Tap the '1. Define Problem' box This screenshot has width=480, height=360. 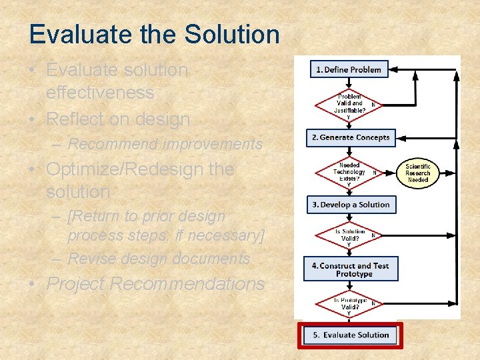click(349, 69)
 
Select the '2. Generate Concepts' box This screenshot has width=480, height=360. click(350, 137)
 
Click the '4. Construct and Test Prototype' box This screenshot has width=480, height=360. click(350, 269)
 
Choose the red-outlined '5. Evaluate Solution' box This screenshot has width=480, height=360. click(350, 335)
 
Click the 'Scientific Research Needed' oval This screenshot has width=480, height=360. click(418, 173)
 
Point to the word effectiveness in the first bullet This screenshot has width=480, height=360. click(100, 93)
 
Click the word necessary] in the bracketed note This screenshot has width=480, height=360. click(231, 235)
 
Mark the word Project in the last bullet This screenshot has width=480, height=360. click(75, 284)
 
